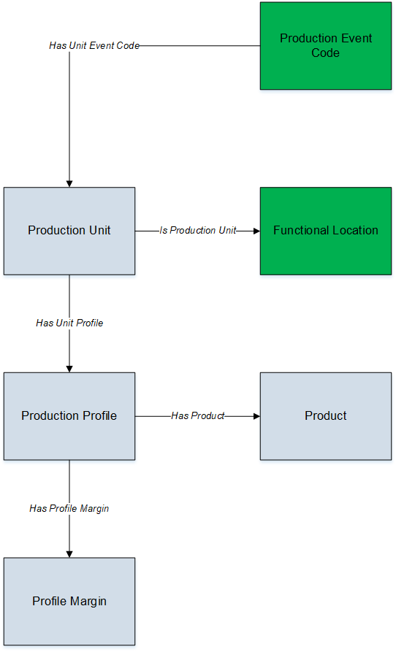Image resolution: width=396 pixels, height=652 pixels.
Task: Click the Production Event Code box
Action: pyautogui.click(x=326, y=46)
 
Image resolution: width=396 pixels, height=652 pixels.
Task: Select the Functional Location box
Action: pyautogui.click(x=326, y=231)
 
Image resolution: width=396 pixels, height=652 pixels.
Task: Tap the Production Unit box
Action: pyautogui.click(x=69, y=231)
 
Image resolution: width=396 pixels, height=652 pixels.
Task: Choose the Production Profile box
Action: pyautogui.click(x=69, y=416)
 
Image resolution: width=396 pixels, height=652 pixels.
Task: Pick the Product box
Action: pyautogui.click(x=326, y=416)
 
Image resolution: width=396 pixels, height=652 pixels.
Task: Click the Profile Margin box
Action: pyautogui.click(x=69, y=602)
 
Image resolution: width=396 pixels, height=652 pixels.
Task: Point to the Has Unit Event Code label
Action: pyautogui.click(x=94, y=46)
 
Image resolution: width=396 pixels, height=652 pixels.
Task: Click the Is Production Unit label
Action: pyautogui.click(x=198, y=231)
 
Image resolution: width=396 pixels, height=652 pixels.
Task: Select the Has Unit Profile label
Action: pyautogui.click(x=69, y=323)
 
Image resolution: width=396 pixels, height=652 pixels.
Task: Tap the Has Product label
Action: pyautogui.click(x=198, y=416)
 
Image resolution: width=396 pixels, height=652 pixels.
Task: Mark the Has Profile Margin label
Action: pyautogui.click(x=69, y=509)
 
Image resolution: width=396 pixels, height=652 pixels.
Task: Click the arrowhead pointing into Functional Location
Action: pyautogui.click(x=257, y=231)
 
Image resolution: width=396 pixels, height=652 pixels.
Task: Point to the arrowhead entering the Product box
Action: pyautogui.click(x=257, y=416)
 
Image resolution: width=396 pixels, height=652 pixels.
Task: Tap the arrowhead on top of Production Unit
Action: pyautogui.click(x=69, y=184)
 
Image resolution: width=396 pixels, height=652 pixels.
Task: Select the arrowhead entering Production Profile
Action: pyautogui.click(x=69, y=369)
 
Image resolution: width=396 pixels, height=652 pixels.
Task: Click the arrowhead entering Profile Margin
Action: pyautogui.click(x=69, y=554)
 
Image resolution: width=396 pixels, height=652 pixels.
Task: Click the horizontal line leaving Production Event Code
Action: pyautogui.click(x=200, y=46)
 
